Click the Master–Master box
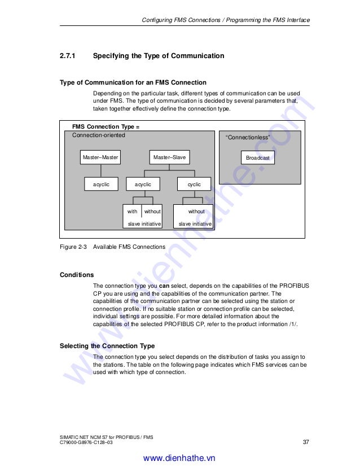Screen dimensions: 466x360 (100, 157)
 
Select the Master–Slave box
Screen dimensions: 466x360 (169, 157)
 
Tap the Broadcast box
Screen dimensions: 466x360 (258, 158)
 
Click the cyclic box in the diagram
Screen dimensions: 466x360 (194, 184)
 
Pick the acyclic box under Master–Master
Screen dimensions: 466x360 (101, 184)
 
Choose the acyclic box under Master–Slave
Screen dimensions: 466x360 (143, 184)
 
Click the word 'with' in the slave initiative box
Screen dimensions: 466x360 (132, 212)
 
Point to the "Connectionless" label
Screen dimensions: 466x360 (248, 138)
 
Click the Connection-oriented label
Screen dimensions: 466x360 (99, 135)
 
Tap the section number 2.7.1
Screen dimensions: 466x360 (68, 56)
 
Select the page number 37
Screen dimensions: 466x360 (306, 442)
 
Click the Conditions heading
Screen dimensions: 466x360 (77, 275)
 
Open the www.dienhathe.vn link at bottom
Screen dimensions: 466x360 (179, 459)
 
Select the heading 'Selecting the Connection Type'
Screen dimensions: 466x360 (107, 346)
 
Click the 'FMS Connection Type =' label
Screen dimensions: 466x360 (106, 127)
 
